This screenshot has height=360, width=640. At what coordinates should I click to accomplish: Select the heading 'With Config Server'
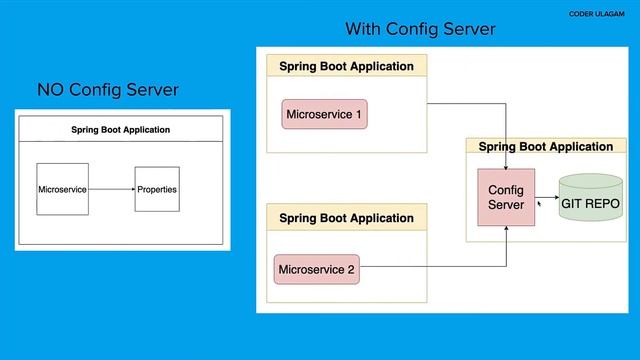click(x=420, y=30)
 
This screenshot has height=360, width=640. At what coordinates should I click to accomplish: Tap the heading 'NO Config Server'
click(x=107, y=90)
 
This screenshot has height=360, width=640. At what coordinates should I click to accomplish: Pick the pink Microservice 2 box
click(x=316, y=268)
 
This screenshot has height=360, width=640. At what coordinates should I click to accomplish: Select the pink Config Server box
click(x=506, y=197)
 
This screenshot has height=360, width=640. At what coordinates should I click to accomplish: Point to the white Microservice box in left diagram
click(x=62, y=188)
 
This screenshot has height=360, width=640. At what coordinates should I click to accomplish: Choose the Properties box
click(x=157, y=188)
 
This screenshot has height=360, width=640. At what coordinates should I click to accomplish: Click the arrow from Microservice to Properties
click(x=111, y=188)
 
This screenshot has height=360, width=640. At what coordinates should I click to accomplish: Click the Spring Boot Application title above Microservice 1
click(x=346, y=66)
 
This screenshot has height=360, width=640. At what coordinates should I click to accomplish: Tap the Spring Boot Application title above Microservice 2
click(x=346, y=217)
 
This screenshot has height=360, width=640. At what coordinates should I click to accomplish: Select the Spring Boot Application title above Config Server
click(x=546, y=146)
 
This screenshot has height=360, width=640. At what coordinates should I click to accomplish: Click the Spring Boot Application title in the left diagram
click(x=120, y=129)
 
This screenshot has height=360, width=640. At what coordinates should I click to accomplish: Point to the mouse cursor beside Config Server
click(x=539, y=202)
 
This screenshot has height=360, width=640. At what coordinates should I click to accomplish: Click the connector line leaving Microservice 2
click(x=430, y=267)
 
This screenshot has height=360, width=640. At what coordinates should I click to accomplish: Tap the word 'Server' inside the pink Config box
click(x=506, y=205)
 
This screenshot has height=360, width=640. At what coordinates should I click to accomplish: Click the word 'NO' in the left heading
click(x=50, y=90)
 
